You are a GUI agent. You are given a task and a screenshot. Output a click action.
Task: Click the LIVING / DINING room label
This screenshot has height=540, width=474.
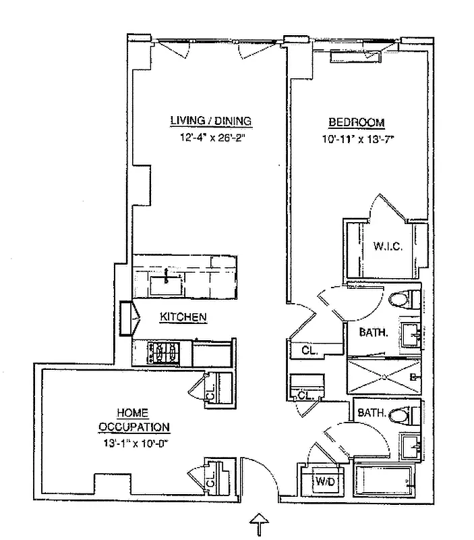pos(210,121)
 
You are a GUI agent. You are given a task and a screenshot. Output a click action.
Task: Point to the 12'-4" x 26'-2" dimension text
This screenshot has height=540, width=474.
pos(210,140)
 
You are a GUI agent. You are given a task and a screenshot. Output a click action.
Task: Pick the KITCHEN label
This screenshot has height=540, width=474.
pos(183,317)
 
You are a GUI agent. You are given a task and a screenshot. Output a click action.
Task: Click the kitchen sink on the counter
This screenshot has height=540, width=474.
pos(165,284)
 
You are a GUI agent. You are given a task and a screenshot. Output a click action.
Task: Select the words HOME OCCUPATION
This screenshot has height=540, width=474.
pos(134,420)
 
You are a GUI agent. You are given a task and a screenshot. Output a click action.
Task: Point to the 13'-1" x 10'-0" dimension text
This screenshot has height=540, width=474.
pos(134,444)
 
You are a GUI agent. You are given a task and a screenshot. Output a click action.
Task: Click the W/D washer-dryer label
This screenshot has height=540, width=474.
pos(324,481)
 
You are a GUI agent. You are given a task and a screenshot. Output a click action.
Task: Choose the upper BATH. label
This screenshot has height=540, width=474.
pos(372,332)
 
